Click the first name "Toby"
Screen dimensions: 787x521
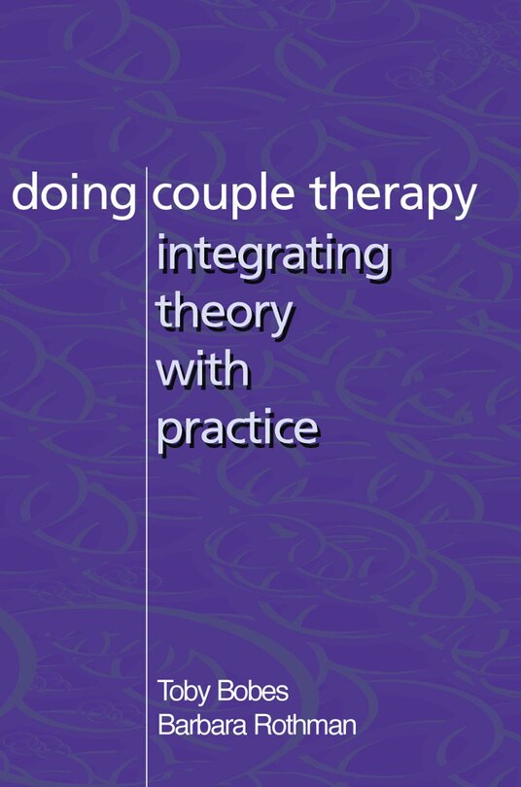(184, 693)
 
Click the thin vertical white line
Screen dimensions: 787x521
(147, 486)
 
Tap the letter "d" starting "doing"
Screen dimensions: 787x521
(23, 194)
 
